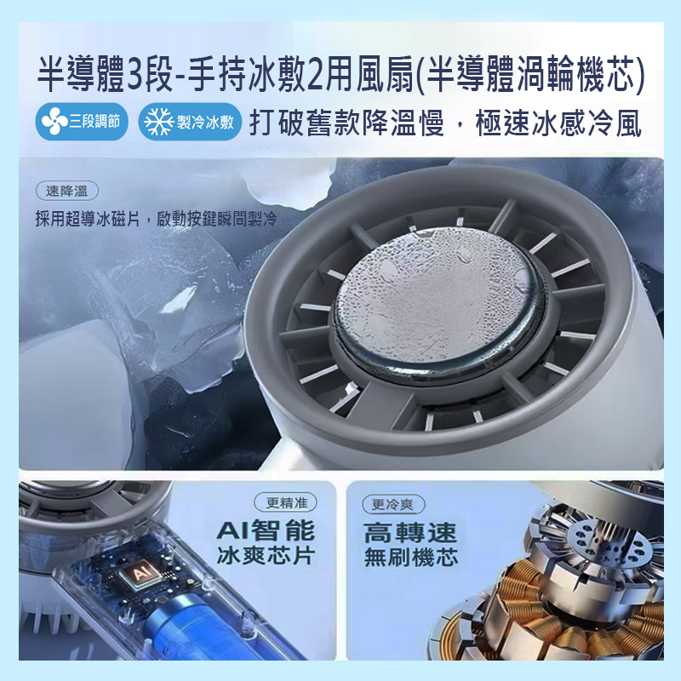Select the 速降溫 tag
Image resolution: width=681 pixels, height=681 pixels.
[66, 191]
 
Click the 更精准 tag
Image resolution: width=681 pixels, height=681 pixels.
[286, 502]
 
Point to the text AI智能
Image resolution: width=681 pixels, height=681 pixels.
[266, 531]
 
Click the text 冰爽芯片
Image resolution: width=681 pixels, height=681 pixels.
[266, 558]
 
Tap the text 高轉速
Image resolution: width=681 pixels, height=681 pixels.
[411, 534]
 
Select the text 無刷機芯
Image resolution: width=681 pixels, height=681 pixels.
[411, 559]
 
